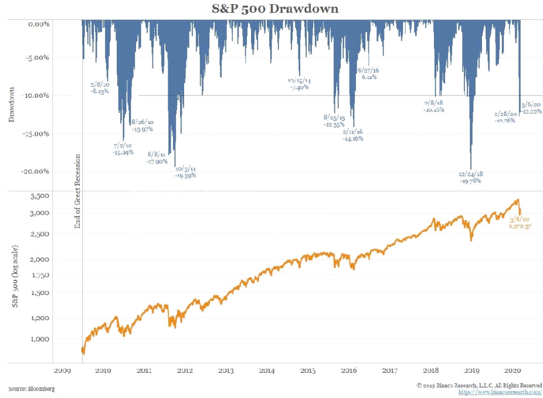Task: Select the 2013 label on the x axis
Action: [x=226, y=370]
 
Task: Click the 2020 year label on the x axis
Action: [x=513, y=370]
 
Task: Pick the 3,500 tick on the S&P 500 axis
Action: [x=39, y=196]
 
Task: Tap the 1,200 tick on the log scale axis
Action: [x=39, y=318]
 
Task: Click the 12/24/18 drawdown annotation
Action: [x=470, y=177]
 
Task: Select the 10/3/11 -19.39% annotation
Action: [x=185, y=171]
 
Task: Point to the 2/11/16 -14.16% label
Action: [x=353, y=135]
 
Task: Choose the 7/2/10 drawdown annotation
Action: [x=123, y=149]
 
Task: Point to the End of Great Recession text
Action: [x=77, y=191]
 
